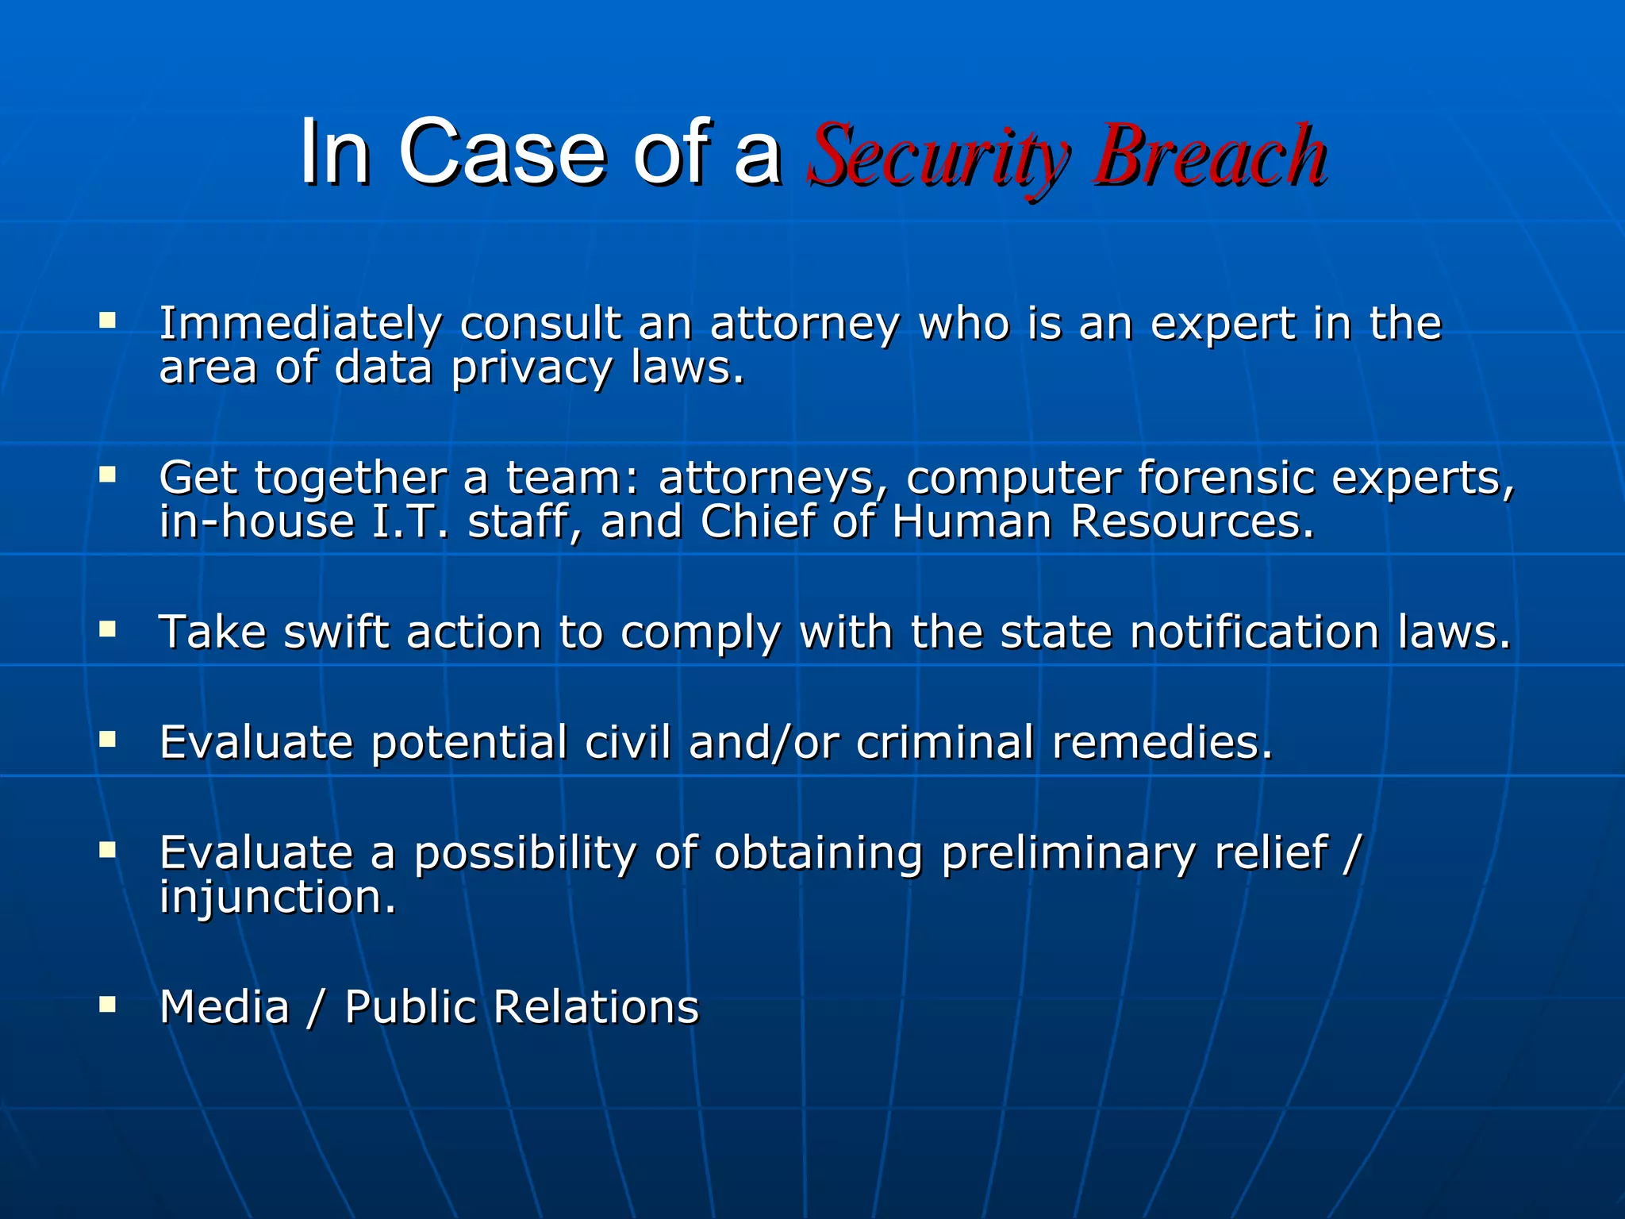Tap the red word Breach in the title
tap(1209, 154)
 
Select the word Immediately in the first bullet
tap(300, 325)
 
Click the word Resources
tap(1192, 522)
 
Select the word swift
tap(336, 633)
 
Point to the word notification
tap(1254, 633)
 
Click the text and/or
tap(763, 743)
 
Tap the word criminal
tap(944, 743)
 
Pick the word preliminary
tap(1068, 854)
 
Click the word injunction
tap(277, 898)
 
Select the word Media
tap(225, 1007)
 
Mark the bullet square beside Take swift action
tap(108, 630)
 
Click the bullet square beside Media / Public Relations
tap(108, 1006)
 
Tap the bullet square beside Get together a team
tap(108, 475)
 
